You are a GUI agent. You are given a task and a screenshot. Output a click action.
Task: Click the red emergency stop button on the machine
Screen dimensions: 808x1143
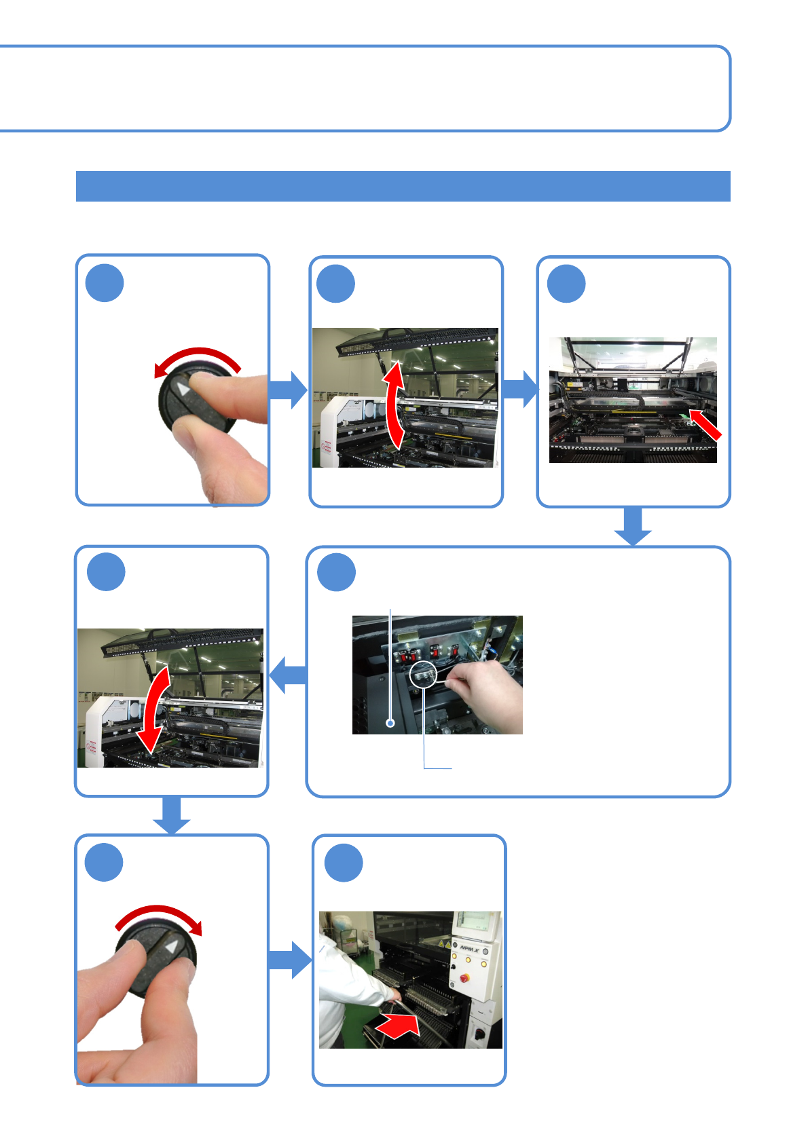point(464,978)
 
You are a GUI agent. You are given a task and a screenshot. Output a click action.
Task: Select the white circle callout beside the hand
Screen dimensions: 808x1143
point(422,675)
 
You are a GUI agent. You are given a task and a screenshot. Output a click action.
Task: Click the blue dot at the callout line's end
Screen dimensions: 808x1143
point(390,724)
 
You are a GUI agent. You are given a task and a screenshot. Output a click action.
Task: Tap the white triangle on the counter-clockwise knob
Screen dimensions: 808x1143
point(183,389)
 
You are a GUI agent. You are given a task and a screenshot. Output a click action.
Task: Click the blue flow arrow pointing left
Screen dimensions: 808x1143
point(288,675)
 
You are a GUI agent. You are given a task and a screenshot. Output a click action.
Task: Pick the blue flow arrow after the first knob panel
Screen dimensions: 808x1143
point(288,390)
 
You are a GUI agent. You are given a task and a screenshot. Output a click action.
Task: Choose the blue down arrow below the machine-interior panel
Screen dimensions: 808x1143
point(633,527)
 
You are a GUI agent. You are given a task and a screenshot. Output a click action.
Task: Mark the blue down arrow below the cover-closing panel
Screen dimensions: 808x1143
point(172,815)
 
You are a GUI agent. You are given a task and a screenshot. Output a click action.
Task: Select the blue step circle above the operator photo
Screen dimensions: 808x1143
point(344,863)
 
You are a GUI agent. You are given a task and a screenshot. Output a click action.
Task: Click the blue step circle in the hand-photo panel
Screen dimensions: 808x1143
point(337,572)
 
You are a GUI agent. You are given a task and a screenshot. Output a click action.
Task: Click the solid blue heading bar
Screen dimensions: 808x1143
point(403,186)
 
